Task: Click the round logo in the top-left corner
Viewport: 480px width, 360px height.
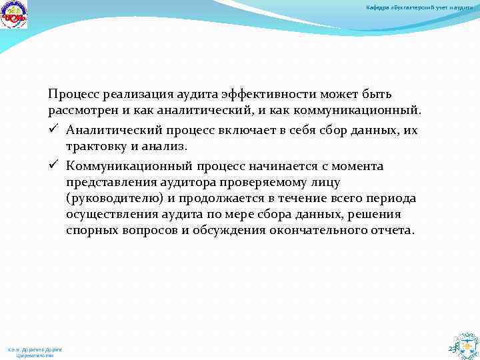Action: pos(14,15)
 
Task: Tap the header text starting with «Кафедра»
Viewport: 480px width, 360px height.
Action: pos(420,7)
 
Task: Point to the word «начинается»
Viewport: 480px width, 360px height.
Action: pos(280,165)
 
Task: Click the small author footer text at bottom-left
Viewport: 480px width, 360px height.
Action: pos(35,351)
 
